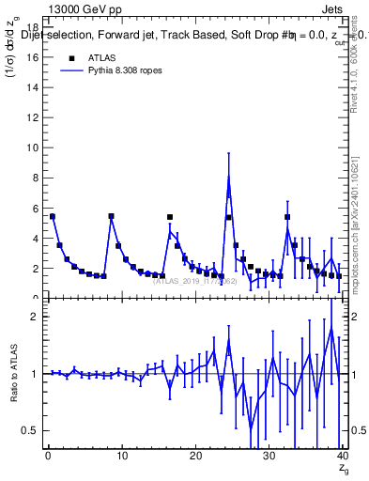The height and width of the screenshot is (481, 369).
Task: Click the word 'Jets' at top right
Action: point(331,9)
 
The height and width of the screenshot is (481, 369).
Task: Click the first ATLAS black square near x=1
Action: point(53,216)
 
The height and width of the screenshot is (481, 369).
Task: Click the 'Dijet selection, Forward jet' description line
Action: point(113,37)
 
